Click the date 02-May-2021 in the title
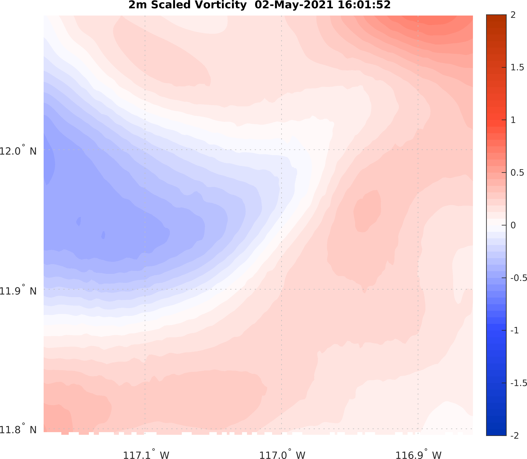(294, 5)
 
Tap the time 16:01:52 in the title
(364, 5)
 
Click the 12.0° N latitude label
(18, 151)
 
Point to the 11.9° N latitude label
(18, 291)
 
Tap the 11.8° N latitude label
(18, 430)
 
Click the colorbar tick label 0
(513, 225)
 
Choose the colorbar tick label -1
(514, 330)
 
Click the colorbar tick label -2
(514, 436)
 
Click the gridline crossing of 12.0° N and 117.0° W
(281, 150)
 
